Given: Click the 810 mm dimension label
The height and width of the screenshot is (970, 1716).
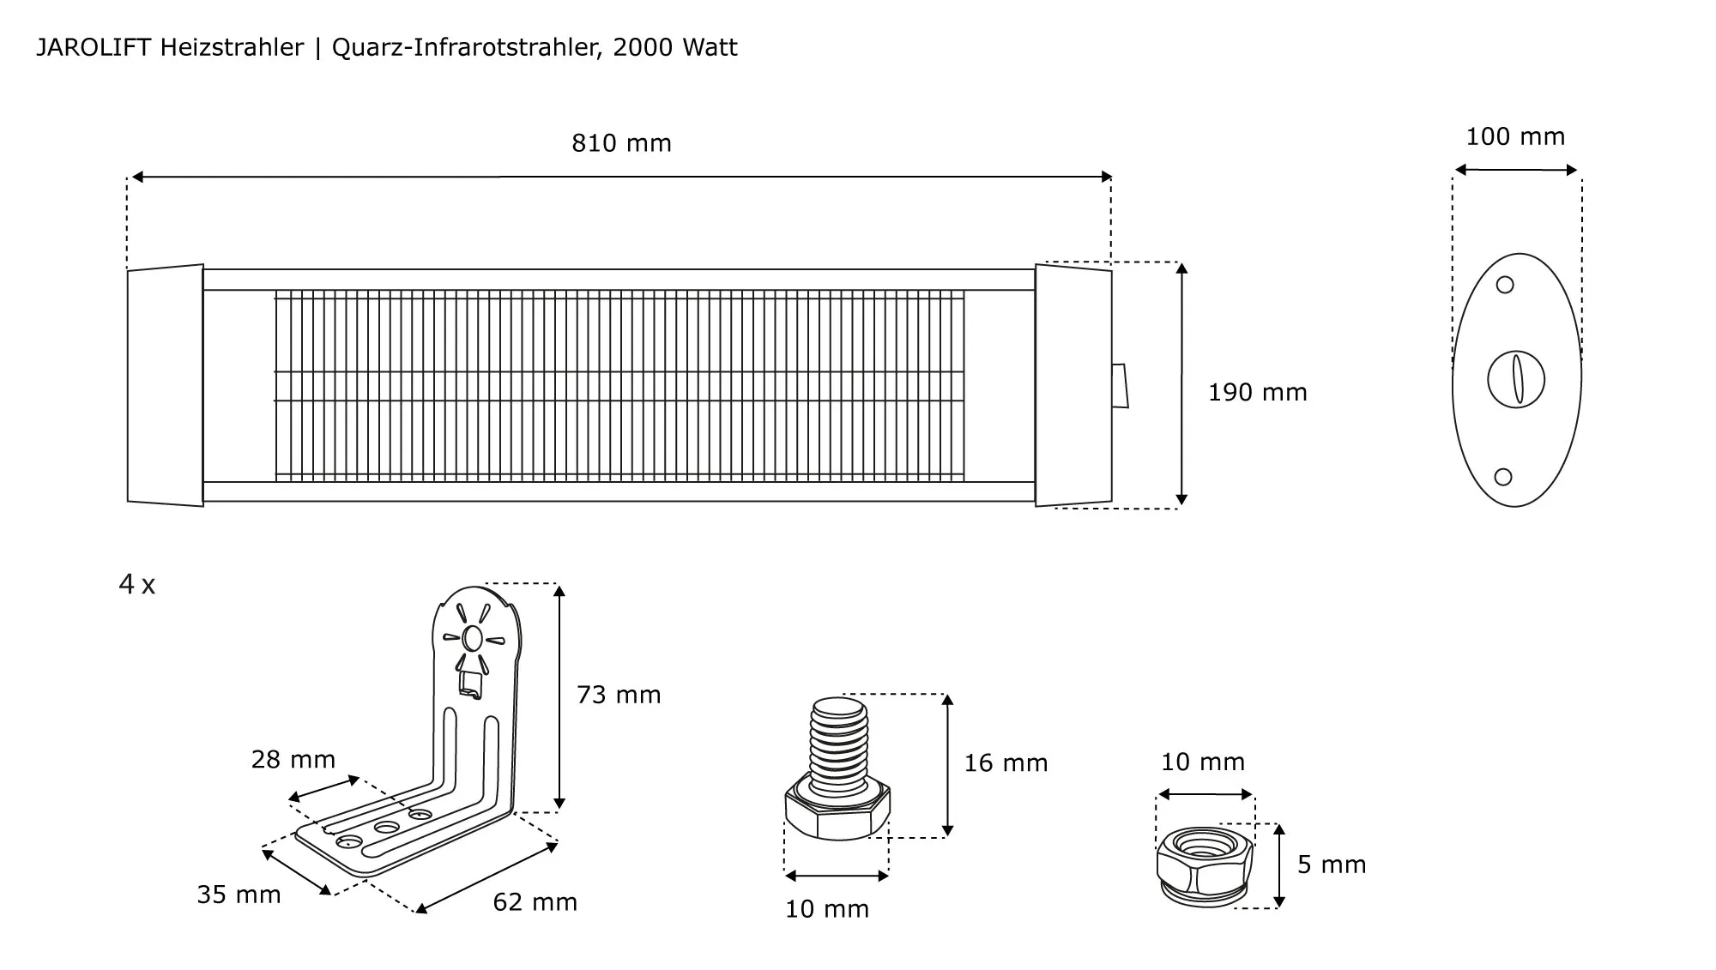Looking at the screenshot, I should (x=621, y=143).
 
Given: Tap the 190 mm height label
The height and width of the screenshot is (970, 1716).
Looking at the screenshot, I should (x=1257, y=393).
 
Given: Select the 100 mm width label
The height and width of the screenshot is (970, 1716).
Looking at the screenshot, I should (x=1515, y=137).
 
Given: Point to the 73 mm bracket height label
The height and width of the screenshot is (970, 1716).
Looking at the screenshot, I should (x=619, y=695).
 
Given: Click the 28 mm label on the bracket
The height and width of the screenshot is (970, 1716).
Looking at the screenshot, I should (x=293, y=760).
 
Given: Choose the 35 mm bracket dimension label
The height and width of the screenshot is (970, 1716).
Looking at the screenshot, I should (x=239, y=895).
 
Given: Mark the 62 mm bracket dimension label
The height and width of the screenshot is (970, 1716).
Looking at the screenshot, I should (x=535, y=902).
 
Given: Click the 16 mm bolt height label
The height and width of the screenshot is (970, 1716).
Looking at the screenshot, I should (x=1006, y=763).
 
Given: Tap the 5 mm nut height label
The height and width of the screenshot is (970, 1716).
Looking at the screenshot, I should (x=1332, y=865).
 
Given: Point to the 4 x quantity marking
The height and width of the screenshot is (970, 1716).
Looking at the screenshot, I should (x=137, y=585).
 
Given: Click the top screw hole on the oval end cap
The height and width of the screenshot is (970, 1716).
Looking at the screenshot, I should (x=1505, y=285).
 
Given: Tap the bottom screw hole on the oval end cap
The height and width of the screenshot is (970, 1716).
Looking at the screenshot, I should (x=1503, y=477).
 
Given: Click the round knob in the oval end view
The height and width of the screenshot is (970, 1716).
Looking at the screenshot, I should (x=1516, y=379).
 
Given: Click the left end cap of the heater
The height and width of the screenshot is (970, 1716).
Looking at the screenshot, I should (x=166, y=385).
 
